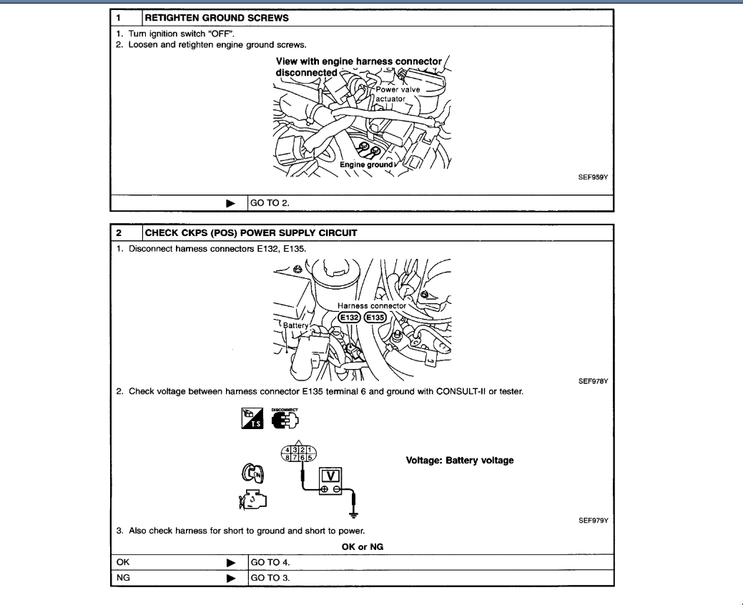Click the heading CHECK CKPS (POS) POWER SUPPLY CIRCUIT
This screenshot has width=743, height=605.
250,233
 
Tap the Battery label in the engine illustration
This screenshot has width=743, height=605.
295,325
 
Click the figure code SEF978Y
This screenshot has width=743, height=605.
593,381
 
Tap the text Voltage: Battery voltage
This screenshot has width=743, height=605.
460,460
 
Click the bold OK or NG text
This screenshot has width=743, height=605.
366,547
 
